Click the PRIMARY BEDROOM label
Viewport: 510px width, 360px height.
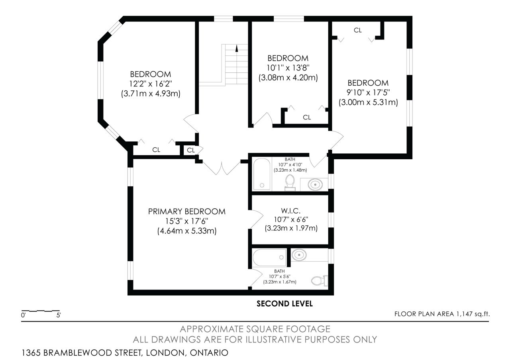coord(187,211)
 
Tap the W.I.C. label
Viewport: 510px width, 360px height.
coord(291,211)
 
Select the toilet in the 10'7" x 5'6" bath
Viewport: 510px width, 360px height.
coord(320,280)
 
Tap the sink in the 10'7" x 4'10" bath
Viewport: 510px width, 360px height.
coord(315,184)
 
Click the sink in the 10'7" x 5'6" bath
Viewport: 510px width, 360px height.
coord(299,255)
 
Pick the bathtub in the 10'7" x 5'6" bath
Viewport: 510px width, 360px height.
coord(269,257)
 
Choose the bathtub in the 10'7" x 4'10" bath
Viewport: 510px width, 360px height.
coord(262,174)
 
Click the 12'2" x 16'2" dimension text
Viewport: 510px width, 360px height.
coord(151,84)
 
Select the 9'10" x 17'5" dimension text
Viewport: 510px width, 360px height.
coord(368,93)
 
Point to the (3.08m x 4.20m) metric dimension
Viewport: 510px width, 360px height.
coord(288,78)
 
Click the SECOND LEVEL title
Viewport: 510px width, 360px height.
coord(284,303)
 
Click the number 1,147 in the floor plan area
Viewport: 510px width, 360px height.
coord(465,314)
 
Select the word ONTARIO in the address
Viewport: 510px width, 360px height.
coord(209,353)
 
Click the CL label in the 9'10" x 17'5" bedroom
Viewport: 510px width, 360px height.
coord(358,30)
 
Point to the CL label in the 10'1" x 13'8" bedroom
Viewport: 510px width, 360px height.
coord(307,117)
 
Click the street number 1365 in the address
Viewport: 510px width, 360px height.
coord(31,353)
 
